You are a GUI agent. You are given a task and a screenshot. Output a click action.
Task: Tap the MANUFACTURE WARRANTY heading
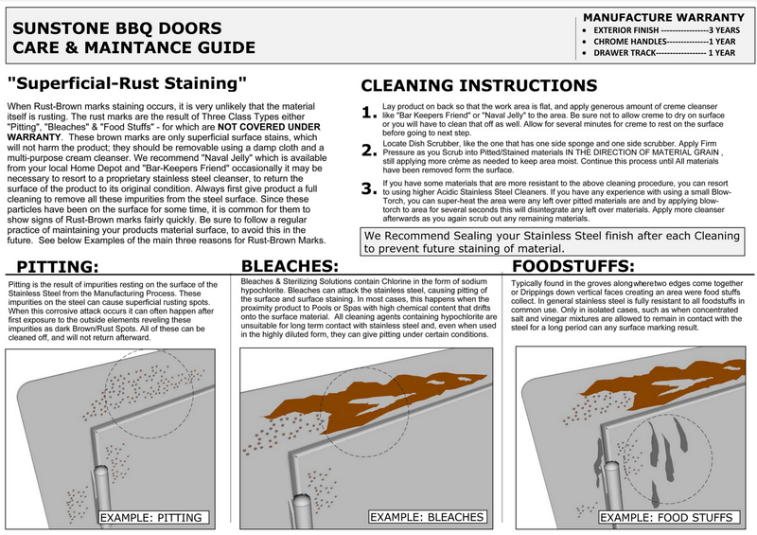click(663, 17)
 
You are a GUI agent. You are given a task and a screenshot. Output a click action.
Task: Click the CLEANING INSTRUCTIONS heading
click(480, 85)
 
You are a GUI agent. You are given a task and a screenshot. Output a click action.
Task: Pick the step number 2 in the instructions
click(369, 151)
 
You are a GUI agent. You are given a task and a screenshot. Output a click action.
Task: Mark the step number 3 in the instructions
click(369, 187)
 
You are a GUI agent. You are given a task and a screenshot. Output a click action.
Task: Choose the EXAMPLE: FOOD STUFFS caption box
click(669, 517)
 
